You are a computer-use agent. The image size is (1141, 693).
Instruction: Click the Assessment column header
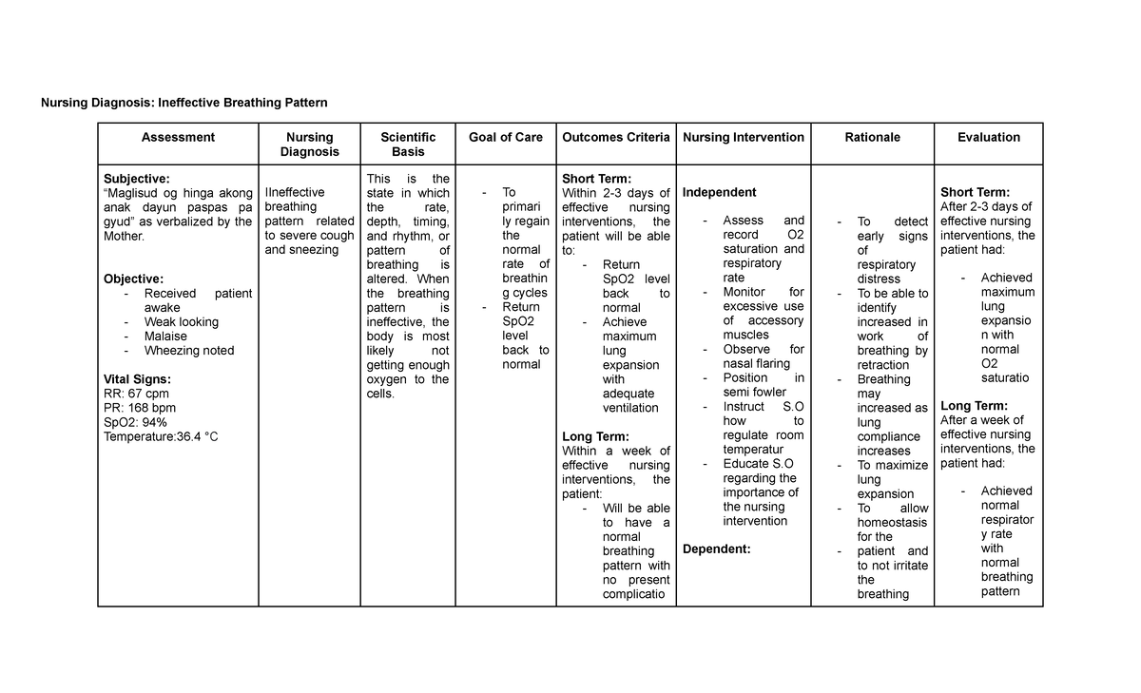178,138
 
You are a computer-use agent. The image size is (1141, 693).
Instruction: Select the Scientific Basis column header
408,144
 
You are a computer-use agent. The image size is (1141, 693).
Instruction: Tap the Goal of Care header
506,138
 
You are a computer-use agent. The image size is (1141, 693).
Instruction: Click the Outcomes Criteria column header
616,138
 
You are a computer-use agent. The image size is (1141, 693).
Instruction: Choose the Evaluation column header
989,138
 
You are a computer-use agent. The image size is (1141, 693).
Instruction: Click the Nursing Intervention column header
744,138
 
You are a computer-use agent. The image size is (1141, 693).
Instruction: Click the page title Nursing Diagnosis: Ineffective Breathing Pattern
184,102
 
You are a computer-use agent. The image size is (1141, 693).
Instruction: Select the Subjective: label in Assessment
137,179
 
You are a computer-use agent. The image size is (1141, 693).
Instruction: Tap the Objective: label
133,279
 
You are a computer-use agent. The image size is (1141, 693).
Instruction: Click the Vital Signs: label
137,379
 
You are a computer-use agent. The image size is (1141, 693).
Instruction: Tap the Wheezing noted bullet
189,351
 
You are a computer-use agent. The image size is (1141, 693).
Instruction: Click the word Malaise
165,337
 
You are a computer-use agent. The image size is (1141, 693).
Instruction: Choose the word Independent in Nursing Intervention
719,193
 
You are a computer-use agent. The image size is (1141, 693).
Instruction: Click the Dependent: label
717,549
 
